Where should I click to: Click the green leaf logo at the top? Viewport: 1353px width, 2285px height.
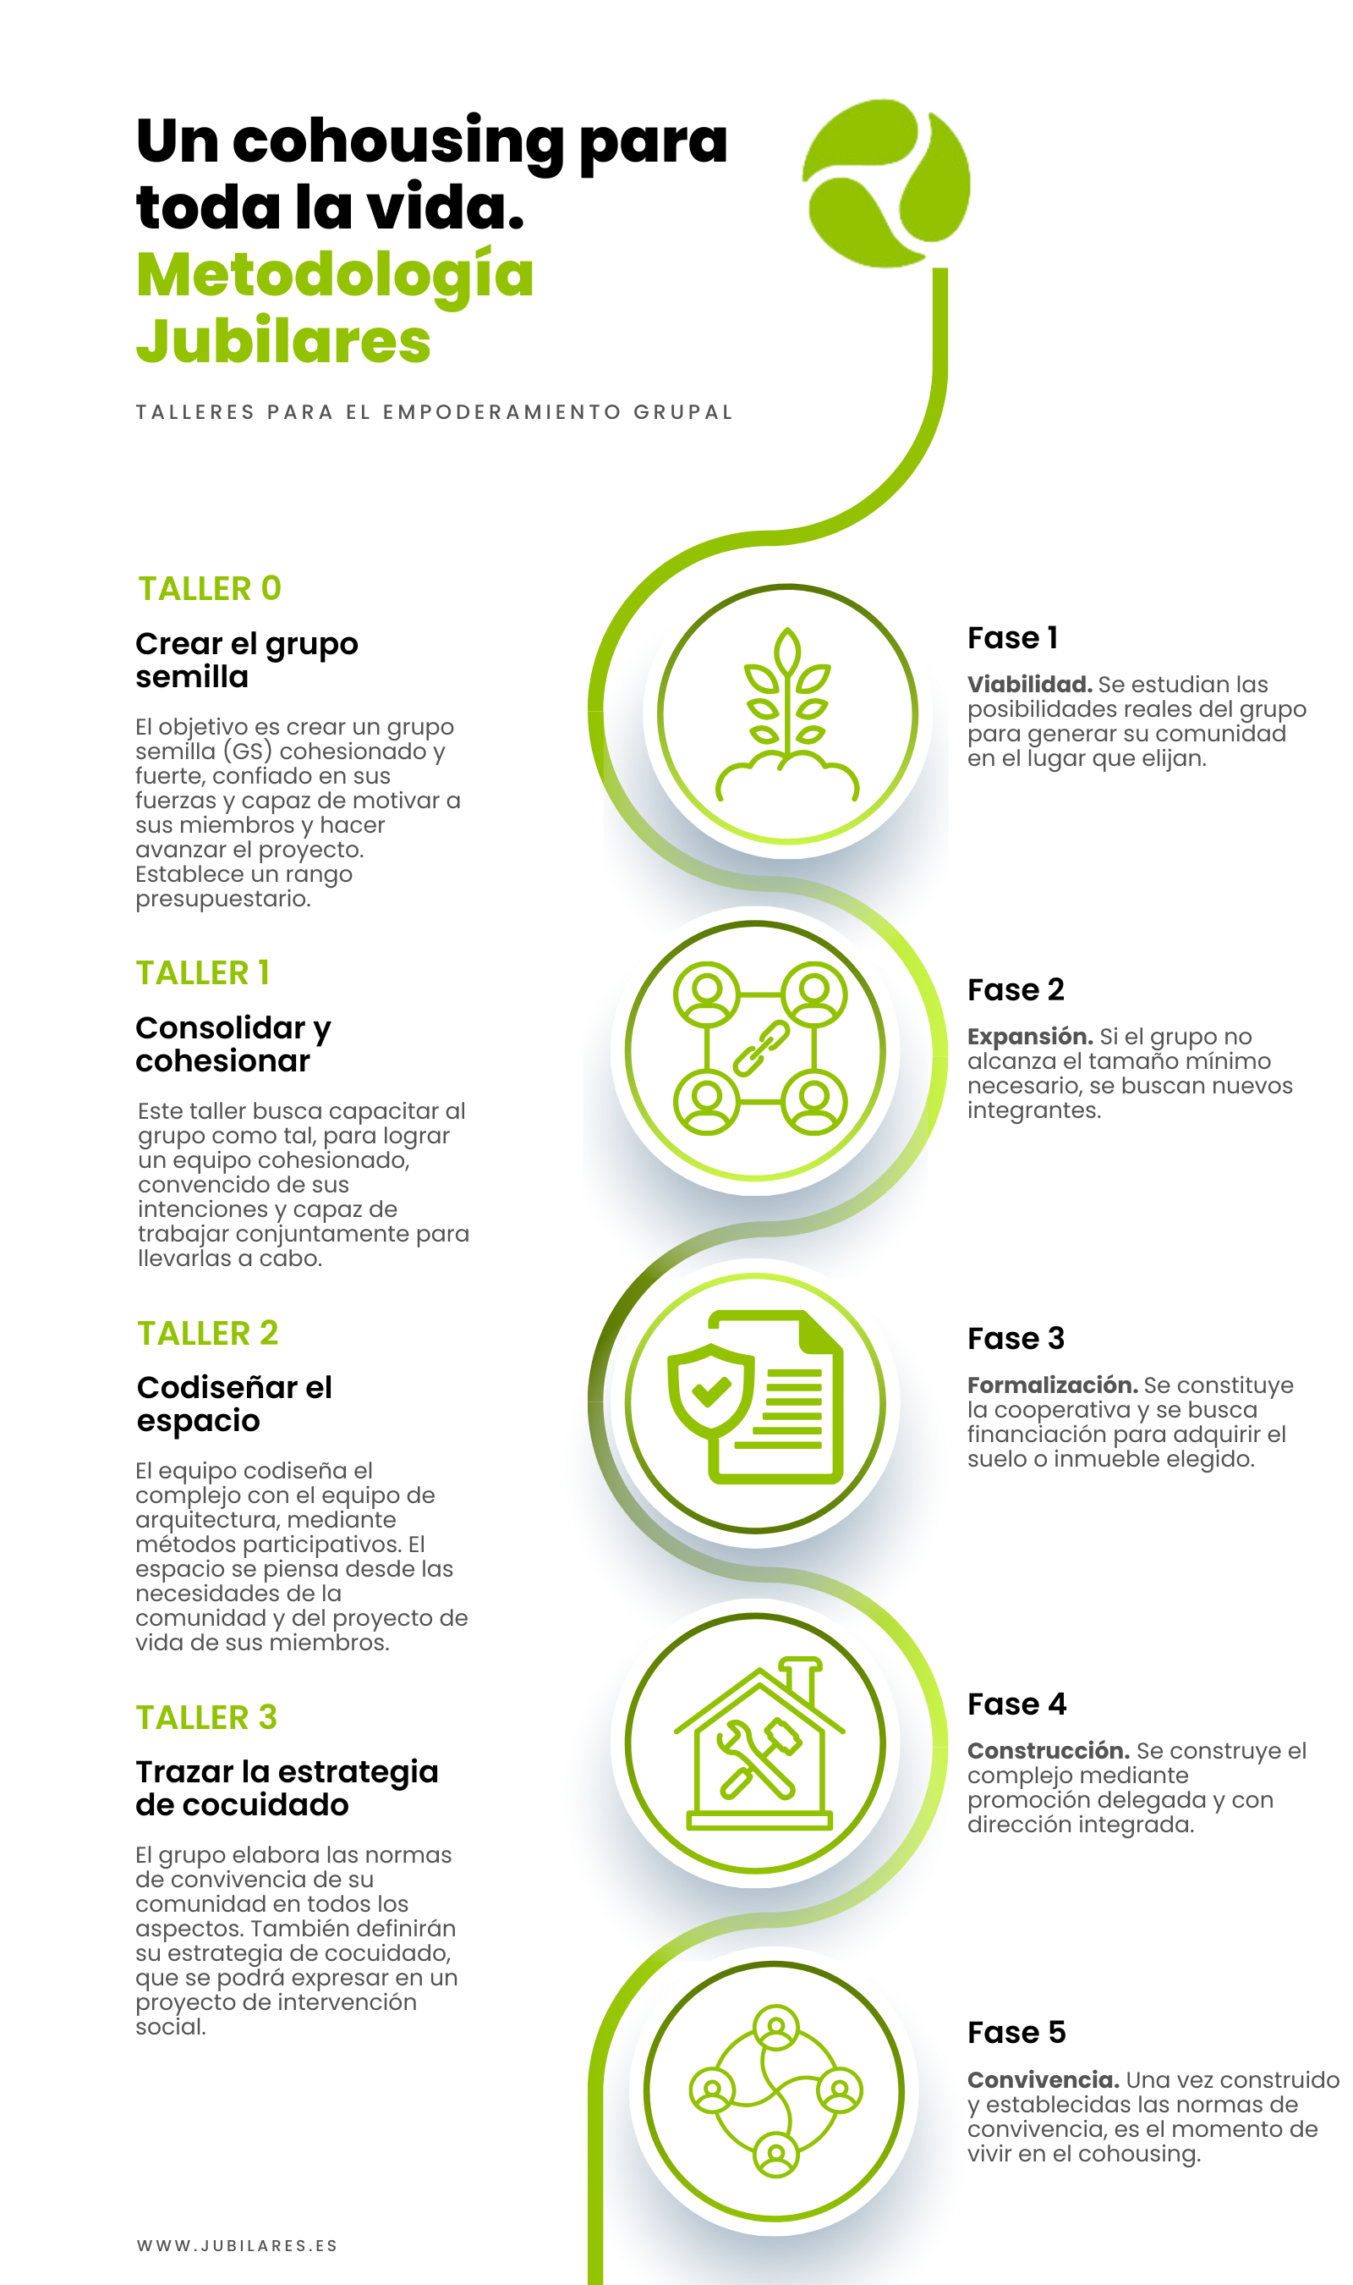(886, 183)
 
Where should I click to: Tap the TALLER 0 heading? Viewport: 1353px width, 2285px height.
(210, 588)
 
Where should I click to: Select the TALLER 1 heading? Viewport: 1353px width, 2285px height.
(203, 972)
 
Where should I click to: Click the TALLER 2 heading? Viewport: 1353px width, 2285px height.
(208, 1333)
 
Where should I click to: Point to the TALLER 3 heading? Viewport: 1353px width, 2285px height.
(207, 1717)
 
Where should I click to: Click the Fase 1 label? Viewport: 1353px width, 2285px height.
(1012, 637)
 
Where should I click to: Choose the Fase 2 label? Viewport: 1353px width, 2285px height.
(1016, 989)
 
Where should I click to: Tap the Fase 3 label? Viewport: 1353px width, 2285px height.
(1016, 1338)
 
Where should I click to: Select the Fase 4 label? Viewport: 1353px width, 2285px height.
(1016, 1704)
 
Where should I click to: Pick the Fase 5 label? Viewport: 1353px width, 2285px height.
(1016, 2032)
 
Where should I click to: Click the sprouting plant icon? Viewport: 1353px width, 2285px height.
(788, 713)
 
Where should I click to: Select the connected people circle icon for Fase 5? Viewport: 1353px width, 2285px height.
(776, 2090)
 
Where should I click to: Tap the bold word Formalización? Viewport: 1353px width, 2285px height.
(1053, 1385)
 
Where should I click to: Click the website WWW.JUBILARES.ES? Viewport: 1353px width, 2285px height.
(237, 2245)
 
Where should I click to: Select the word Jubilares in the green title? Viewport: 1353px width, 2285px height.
(283, 340)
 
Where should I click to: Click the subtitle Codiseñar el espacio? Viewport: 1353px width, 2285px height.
(234, 1404)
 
